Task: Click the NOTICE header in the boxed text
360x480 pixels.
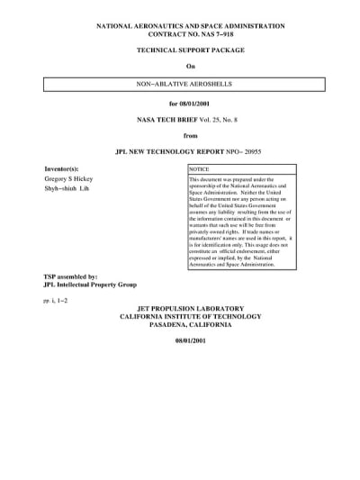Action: click(199, 169)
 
